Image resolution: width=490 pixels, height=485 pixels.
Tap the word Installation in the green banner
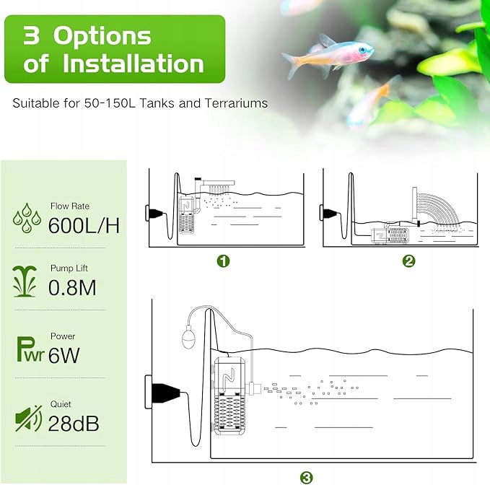point(134,64)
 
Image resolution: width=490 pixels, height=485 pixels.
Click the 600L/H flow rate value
point(84,225)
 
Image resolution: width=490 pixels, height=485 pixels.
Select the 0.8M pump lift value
point(72,287)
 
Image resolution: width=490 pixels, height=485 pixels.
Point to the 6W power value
point(64,355)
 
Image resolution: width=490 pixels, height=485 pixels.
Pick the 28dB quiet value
point(74,424)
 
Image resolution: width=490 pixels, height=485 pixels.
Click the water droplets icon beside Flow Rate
point(27,218)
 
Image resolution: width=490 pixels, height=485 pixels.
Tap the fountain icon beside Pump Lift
point(25,281)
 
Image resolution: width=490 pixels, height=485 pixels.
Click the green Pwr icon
point(30,350)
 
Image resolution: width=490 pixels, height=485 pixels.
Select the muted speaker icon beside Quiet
point(28,419)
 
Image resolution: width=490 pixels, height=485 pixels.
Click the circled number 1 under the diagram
point(223,261)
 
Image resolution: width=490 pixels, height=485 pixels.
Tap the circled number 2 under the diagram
point(408,261)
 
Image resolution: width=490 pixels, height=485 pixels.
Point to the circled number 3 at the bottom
point(306,477)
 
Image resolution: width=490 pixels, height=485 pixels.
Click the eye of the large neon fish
point(362,50)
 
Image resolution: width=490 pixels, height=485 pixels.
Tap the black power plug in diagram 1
point(156,214)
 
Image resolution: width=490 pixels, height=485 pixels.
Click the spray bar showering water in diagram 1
point(219,183)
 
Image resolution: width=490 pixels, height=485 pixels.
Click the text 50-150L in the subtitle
point(110,103)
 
